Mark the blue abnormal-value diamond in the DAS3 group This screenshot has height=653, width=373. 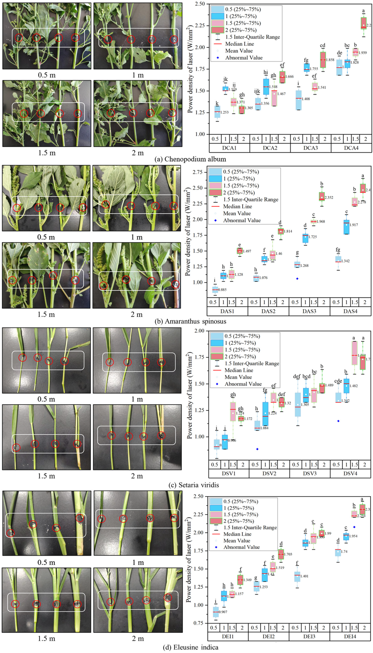pyautogui.click(x=297, y=278)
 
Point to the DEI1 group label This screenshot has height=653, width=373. pyautogui.click(x=228, y=636)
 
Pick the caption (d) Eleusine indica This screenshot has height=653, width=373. pyautogui.click(x=191, y=647)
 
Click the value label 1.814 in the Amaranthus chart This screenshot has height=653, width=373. pyautogui.click(x=288, y=231)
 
